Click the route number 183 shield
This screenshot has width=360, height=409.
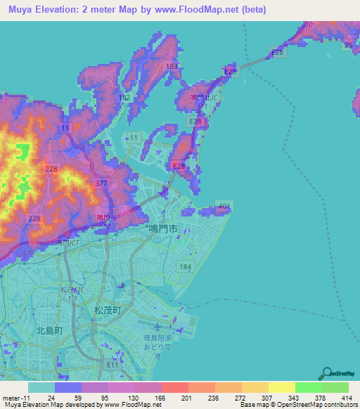click(172, 66)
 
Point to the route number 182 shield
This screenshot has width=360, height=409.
click(124, 97)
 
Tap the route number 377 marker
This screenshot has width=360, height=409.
click(101, 183)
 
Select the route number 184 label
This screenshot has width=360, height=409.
click(185, 267)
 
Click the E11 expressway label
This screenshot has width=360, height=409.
click(112, 365)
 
